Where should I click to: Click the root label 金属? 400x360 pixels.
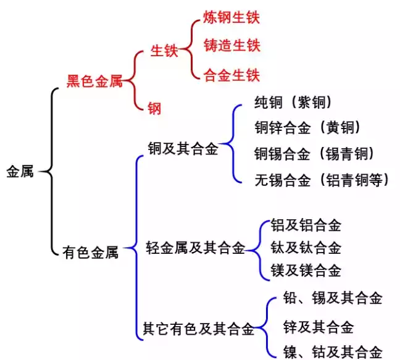coord(20,172)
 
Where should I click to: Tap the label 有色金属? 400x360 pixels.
coord(90,252)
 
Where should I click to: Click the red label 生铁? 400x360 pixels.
coord(164,51)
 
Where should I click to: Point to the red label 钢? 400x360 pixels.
coord(154,109)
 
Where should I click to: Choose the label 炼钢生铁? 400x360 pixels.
coord(231,17)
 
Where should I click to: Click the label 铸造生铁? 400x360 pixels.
coord(231,45)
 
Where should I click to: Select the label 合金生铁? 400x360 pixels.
coord(231,75)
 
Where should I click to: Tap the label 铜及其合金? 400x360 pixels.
coord(183,148)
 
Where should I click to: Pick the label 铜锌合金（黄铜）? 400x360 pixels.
coord(307,127)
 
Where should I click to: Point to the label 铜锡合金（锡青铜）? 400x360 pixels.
coord(315,153)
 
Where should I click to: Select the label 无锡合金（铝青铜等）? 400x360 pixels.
coord(322,180)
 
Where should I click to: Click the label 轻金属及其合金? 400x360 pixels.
coord(195,248)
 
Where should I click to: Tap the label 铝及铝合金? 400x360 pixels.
coord(306,225)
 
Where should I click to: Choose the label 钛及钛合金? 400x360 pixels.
coord(306,248)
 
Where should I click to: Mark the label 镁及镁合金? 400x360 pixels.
coord(306,270)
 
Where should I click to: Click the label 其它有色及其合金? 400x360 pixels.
coord(198,329)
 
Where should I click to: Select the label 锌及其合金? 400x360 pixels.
coord(318,327)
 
